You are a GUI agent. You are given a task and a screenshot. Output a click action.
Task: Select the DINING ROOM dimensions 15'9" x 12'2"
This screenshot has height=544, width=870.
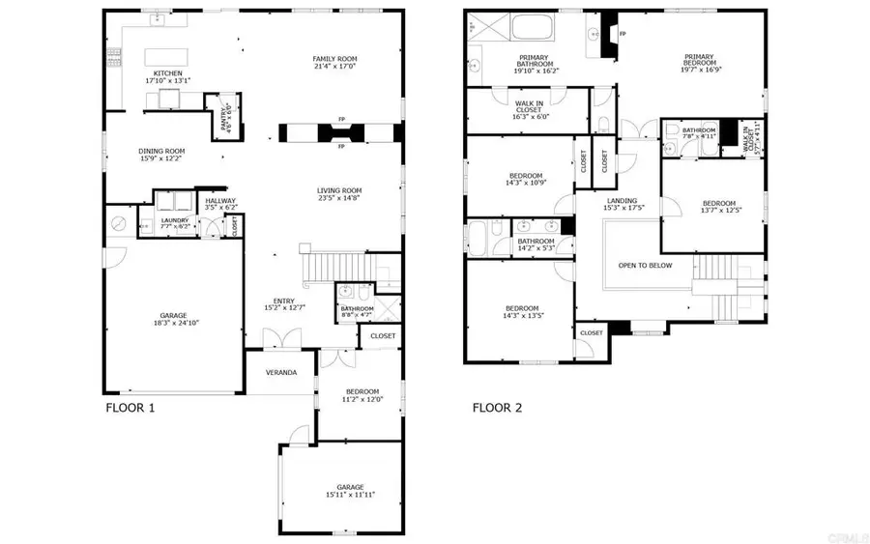pyautogui.click(x=161, y=159)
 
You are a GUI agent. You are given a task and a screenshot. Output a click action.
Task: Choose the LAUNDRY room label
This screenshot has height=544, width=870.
pyautogui.click(x=175, y=220)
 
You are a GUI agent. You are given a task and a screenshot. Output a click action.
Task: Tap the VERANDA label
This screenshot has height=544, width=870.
pyautogui.click(x=281, y=373)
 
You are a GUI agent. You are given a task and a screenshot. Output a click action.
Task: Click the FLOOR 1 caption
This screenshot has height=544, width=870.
pyautogui.click(x=130, y=408)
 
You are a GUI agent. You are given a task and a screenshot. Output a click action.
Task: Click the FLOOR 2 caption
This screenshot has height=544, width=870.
pyautogui.click(x=497, y=408)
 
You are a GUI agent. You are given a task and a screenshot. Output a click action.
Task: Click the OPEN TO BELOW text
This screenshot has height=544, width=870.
pyautogui.click(x=645, y=265)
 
